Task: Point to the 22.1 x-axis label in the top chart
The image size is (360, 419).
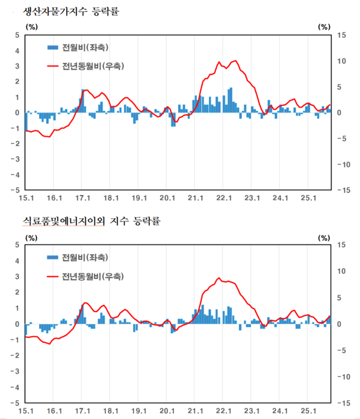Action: (224, 197)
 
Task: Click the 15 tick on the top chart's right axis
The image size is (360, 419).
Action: (341, 35)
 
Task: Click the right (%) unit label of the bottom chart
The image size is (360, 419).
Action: (324, 237)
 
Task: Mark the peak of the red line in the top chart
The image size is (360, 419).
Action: (235, 61)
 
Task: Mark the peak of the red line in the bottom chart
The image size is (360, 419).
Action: (219, 278)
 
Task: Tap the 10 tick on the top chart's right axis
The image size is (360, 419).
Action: (341, 61)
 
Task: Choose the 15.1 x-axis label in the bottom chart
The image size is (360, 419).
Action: (26, 411)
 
